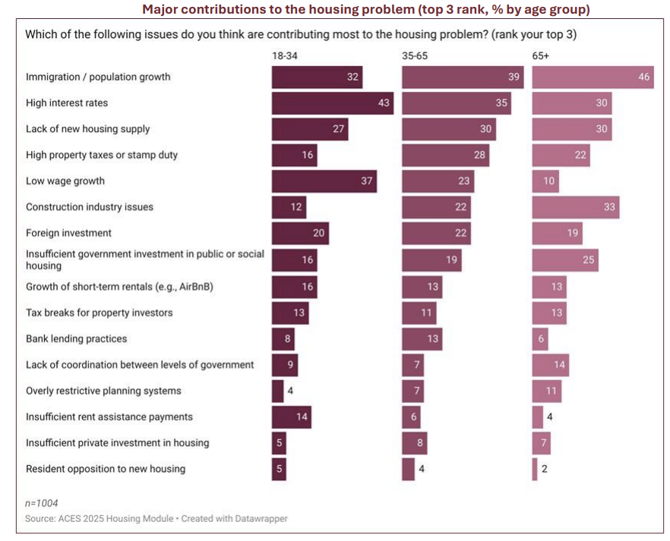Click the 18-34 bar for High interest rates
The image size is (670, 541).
pyautogui.click(x=332, y=103)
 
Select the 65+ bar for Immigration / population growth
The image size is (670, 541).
pyautogui.click(x=593, y=77)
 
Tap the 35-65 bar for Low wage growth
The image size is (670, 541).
pyautogui.click(x=438, y=181)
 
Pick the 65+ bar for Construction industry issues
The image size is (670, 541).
pyautogui.click(x=575, y=207)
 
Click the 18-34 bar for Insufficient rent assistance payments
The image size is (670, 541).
pyautogui.click(x=292, y=417)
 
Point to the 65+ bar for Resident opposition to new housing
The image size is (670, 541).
pyautogui.click(x=535, y=469)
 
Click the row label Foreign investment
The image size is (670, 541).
pyautogui.click(x=68, y=233)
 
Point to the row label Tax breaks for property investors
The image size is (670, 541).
pyautogui.click(x=99, y=313)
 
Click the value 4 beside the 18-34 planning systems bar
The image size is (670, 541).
pyautogui.click(x=290, y=391)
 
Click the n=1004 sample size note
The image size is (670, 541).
pyautogui.click(x=42, y=503)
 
